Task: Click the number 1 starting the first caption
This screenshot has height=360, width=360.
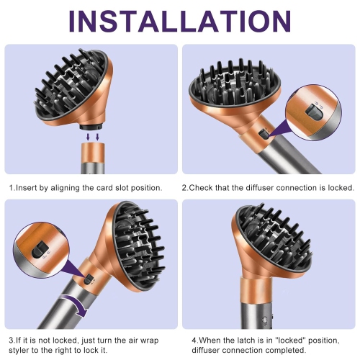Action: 11,187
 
